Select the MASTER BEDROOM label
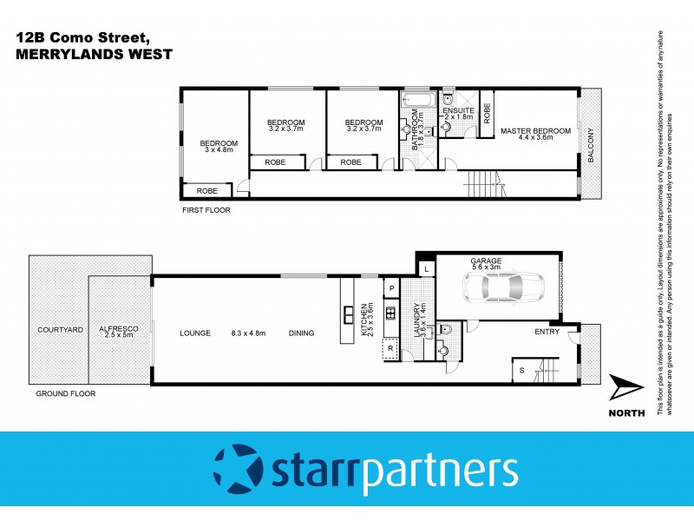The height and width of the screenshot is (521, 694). (535, 131)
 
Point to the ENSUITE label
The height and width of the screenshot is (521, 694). (457, 110)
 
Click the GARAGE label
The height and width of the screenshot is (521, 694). (486, 260)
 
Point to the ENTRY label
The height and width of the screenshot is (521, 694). (547, 330)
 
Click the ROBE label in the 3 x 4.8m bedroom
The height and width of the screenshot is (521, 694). (206, 191)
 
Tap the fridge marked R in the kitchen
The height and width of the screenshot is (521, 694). (390, 348)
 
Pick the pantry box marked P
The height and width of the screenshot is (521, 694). (391, 288)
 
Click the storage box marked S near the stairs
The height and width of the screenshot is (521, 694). (521, 370)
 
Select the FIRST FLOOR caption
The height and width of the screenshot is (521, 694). (206, 210)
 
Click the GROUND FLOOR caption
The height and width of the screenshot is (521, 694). (65, 393)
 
